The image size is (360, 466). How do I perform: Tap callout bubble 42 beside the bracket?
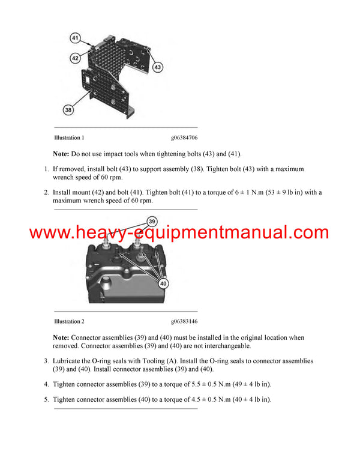pos(75,58)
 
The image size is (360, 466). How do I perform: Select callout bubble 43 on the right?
pos(158,67)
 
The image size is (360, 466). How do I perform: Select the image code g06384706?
pos(184,138)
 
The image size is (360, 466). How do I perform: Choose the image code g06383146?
pos(184,321)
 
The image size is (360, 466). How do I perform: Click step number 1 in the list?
pos(46,169)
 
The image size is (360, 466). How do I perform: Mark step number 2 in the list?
pos(46,193)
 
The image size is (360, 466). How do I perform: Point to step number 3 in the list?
pos(46,361)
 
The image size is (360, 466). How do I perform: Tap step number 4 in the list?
pos(46,384)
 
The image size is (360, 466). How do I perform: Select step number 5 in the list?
pos(46,399)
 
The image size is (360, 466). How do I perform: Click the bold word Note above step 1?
pos(61,154)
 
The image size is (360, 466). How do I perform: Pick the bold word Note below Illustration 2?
pos(61,338)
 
